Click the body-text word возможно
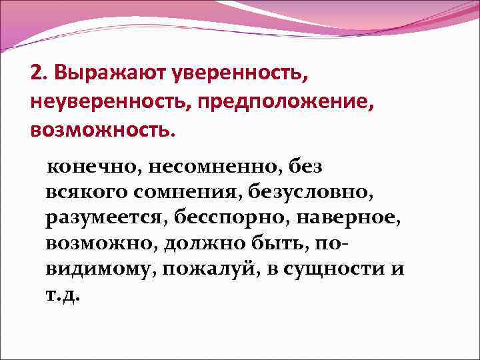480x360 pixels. tap(99, 243)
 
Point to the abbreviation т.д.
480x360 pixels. tap(64, 295)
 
